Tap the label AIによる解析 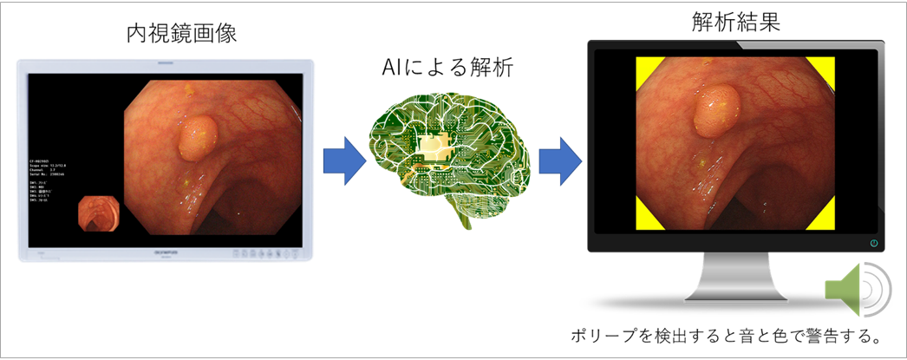[x=447, y=69]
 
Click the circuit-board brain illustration [x=446, y=160]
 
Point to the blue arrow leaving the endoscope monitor [x=343, y=160]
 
